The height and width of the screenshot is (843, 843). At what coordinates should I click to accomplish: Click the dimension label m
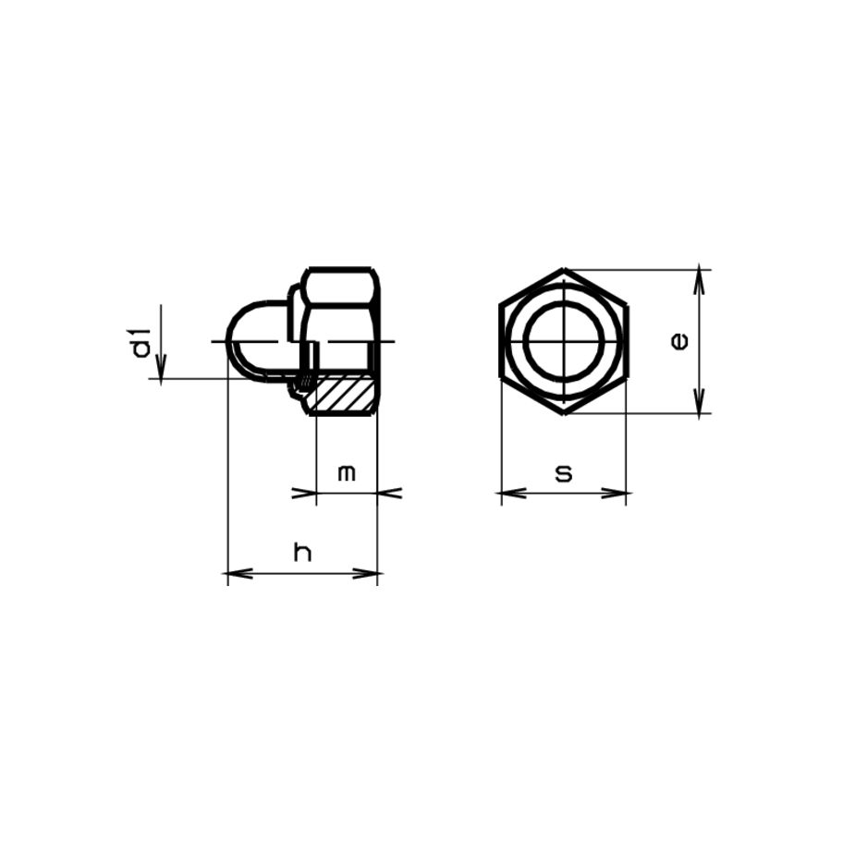click(x=347, y=473)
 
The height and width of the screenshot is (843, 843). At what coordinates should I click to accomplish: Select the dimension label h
click(x=302, y=552)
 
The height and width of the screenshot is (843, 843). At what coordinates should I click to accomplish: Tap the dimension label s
click(x=564, y=473)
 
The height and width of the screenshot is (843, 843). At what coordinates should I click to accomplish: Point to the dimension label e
click(x=679, y=341)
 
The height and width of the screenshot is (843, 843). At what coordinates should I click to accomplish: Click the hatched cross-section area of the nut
click(x=343, y=394)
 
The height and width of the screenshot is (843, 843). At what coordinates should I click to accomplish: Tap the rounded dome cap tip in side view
click(x=230, y=341)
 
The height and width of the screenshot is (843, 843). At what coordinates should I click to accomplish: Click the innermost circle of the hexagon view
click(x=564, y=341)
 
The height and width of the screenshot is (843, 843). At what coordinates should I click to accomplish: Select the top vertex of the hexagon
click(x=564, y=269)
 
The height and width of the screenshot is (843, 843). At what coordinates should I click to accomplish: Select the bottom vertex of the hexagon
click(x=564, y=414)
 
